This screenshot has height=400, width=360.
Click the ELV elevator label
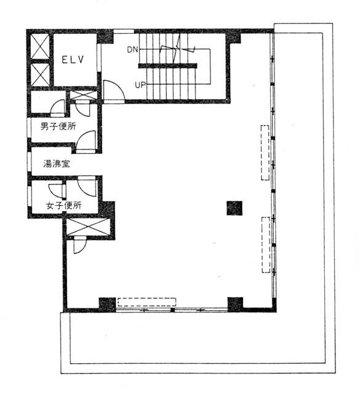pos(73,60)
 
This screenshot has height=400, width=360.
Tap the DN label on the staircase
pos(132,49)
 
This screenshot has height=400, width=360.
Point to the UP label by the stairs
pos(140,85)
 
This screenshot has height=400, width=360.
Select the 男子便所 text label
pos(58,126)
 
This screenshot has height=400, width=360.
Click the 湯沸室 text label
pos(57,164)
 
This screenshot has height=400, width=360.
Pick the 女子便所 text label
pos(64,206)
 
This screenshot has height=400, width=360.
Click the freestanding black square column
pos(234,208)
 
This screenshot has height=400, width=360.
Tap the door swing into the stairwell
pos(114,90)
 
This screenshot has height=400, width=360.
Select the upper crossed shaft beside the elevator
pos(40,47)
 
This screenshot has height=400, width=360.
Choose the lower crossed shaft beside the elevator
pos(40,74)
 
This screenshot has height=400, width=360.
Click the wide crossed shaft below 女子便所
pos(88,227)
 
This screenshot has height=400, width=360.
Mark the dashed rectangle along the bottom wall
pos(146,302)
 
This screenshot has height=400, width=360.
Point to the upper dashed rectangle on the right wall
pos(265,153)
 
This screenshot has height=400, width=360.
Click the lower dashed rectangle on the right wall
pos(266,245)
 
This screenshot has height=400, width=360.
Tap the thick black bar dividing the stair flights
pos(167,66)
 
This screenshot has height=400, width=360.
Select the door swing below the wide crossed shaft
pos(79,245)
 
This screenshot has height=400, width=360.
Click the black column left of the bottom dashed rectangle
pos(107,305)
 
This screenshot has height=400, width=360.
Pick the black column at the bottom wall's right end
pos(235,305)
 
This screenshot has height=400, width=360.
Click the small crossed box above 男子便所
pos(84,95)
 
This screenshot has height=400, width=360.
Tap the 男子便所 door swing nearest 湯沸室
pos(86,142)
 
